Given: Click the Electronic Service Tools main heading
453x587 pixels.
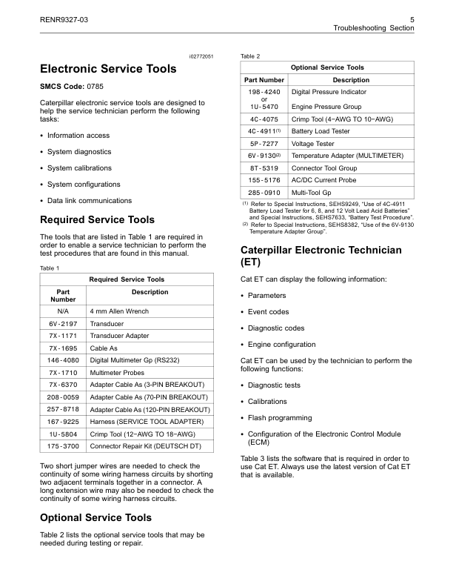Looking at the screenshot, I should (x=107, y=69).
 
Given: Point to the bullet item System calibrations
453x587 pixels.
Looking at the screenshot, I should (x=79, y=168).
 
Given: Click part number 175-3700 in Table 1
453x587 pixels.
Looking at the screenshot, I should (x=63, y=447).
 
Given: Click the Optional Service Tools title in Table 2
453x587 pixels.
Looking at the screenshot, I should (x=327, y=67).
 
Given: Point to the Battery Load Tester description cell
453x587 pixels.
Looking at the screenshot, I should (x=321, y=131).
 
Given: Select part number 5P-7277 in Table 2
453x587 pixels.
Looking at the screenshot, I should (x=263, y=144).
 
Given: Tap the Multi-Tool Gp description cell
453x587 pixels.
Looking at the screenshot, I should (x=314, y=192).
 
